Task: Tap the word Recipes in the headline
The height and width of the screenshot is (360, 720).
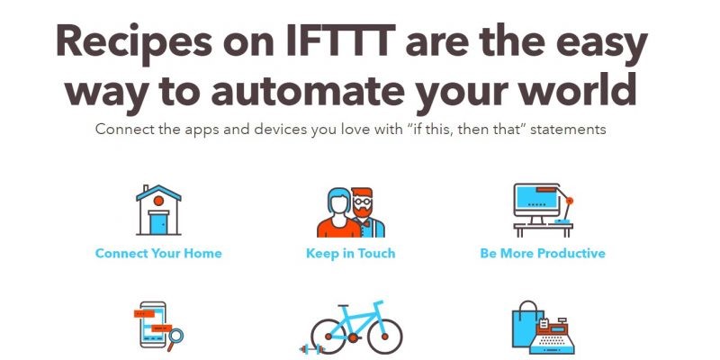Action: (134, 42)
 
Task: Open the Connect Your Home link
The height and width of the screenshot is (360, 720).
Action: (158, 254)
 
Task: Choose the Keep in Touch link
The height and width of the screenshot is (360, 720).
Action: (350, 254)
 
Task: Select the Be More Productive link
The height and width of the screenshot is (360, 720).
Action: (543, 254)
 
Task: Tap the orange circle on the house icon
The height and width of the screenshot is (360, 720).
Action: (158, 201)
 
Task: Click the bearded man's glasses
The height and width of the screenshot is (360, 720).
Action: (363, 201)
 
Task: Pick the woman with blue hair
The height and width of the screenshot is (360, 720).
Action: (339, 212)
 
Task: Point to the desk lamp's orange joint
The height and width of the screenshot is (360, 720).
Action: (570, 201)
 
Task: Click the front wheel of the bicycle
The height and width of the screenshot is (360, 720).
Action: (385, 337)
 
